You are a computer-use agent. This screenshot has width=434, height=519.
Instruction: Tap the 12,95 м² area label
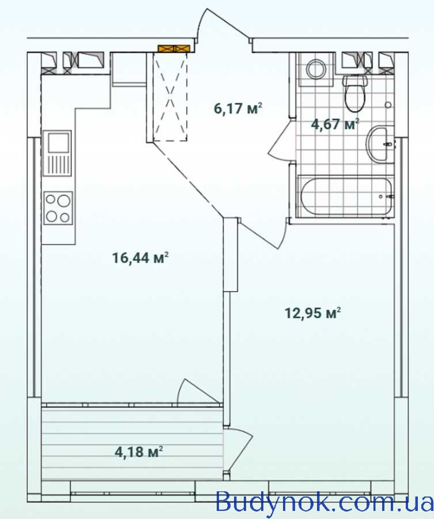(x=313, y=313)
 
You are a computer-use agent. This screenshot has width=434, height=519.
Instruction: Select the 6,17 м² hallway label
(x=238, y=108)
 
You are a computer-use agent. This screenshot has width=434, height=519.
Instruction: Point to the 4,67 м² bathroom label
(x=335, y=125)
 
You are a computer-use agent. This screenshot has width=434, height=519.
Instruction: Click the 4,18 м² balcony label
(x=139, y=452)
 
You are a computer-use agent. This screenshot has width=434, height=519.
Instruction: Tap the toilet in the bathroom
(x=354, y=93)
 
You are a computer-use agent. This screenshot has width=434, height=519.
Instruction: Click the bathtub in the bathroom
(x=346, y=196)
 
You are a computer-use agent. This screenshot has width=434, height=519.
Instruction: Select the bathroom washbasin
(x=380, y=144)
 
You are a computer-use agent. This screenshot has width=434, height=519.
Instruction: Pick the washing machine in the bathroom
(x=316, y=70)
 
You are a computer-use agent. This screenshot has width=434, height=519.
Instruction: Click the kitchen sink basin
(x=59, y=142)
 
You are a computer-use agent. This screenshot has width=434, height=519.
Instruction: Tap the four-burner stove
(x=58, y=208)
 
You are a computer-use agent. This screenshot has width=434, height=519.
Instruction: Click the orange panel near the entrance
(x=174, y=48)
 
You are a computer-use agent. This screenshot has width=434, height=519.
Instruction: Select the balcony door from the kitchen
(x=198, y=392)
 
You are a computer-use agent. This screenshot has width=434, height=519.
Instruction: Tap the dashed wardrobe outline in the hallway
(x=171, y=97)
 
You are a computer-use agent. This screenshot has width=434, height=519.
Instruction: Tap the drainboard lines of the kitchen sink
(x=59, y=164)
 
